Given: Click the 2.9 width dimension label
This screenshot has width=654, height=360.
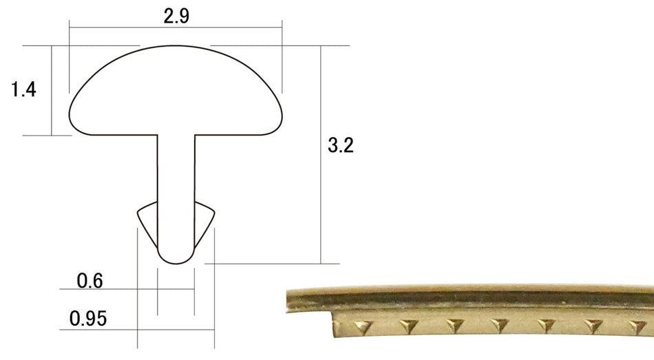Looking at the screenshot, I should (176, 17).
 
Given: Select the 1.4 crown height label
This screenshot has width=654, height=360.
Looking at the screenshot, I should (23, 89).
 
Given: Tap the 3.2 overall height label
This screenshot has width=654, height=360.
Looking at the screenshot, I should (341, 145).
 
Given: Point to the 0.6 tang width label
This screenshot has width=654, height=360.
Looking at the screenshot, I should (89, 281).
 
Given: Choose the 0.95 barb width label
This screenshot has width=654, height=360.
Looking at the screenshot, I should (87, 319).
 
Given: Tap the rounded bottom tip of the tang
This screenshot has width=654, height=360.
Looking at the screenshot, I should (176, 260).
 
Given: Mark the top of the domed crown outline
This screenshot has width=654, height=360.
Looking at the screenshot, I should (176, 47).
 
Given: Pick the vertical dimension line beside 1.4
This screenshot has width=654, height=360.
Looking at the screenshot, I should (52, 89).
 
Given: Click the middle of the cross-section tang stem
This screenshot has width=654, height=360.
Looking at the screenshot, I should (176, 186).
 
